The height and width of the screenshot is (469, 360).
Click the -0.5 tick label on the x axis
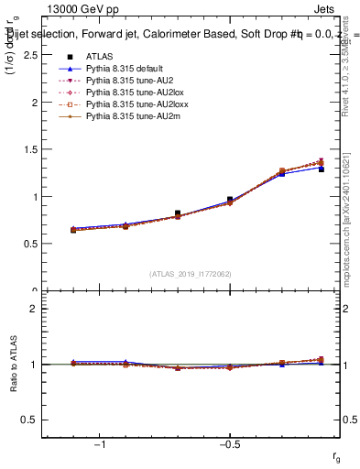coord(229,445)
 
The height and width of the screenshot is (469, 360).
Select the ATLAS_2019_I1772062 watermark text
coord(191,274)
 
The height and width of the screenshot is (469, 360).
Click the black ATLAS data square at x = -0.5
coord(230,200)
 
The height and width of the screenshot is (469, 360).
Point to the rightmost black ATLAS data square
coord(322,169)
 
